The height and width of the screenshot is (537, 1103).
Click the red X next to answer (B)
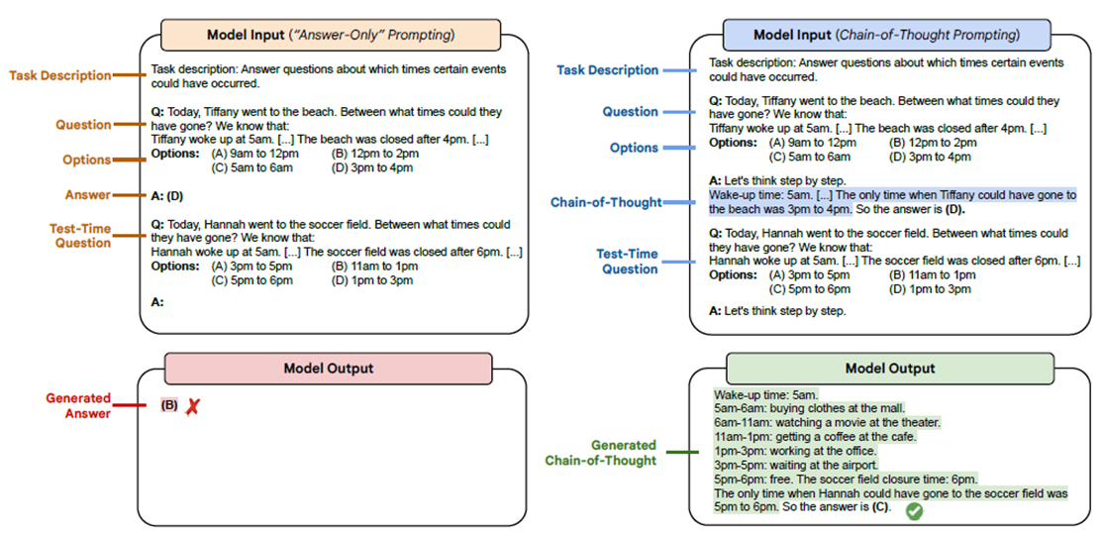192,407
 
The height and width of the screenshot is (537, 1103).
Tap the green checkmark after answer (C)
915,511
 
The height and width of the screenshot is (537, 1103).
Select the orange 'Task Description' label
60,75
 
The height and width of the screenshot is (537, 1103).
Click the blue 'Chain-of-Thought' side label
606,202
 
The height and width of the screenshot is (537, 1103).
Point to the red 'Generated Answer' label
78,406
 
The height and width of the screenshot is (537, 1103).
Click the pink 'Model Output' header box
328,369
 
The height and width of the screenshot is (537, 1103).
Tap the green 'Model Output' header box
889,368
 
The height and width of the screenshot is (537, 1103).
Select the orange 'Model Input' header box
330,36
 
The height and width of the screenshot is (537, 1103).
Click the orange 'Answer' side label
89,195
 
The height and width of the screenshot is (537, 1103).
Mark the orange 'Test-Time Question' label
80,236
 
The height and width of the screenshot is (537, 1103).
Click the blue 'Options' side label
634,148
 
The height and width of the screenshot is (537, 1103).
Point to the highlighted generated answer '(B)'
169,405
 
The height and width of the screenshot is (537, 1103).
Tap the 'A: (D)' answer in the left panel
167,195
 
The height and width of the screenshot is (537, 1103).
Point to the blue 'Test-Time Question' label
627,262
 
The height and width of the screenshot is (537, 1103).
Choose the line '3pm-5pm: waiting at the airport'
795,465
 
